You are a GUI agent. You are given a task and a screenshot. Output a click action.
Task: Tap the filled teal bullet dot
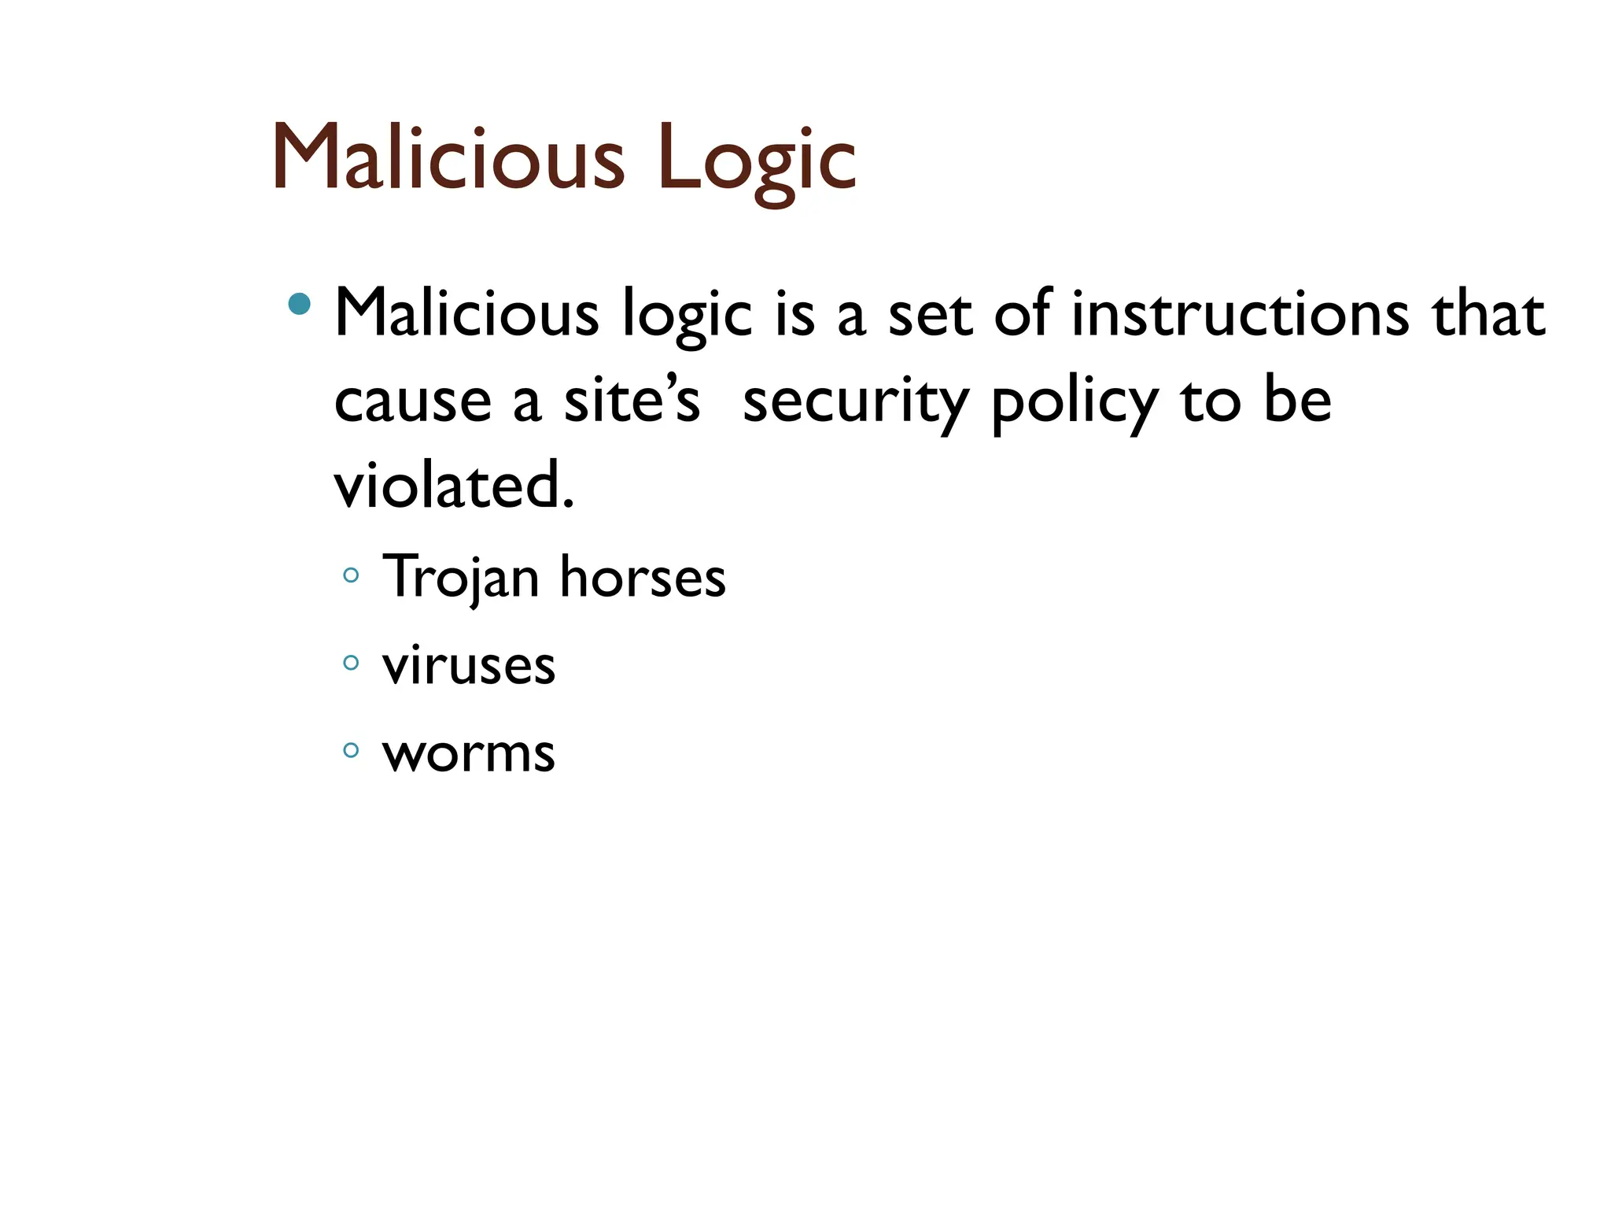coord(299,303)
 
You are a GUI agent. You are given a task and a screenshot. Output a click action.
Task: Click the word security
coord(855,401)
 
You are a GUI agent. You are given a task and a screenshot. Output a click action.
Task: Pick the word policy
coord(1075,403)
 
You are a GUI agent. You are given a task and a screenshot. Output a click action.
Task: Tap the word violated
coord(454,486)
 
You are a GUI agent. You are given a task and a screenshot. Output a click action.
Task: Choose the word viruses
coord(469,666)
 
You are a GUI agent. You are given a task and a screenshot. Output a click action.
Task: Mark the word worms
coord(469,753)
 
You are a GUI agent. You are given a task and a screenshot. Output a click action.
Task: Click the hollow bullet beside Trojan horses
coord(351,575)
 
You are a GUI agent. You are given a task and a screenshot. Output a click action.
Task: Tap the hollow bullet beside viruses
coord(351,663)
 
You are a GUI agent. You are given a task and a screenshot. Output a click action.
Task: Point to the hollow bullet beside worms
coord(351,750)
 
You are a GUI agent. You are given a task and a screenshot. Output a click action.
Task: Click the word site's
coord(632,400)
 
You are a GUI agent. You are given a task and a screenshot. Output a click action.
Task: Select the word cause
coord(413,401)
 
